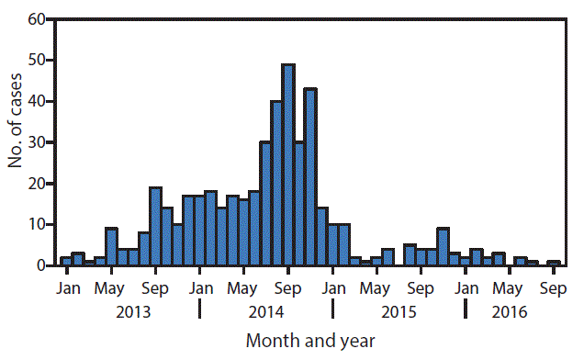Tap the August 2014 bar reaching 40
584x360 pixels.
click(276, 184)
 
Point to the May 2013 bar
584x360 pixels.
click(111, 247)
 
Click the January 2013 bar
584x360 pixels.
click(66, 262)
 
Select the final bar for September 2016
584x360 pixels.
click(554, 264)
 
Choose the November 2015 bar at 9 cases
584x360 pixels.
click(443, 247)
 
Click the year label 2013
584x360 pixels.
click(133, 311)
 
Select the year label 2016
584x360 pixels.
click(510, 311)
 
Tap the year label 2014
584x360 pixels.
click(265, 311)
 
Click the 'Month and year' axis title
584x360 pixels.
click(310, 341)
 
